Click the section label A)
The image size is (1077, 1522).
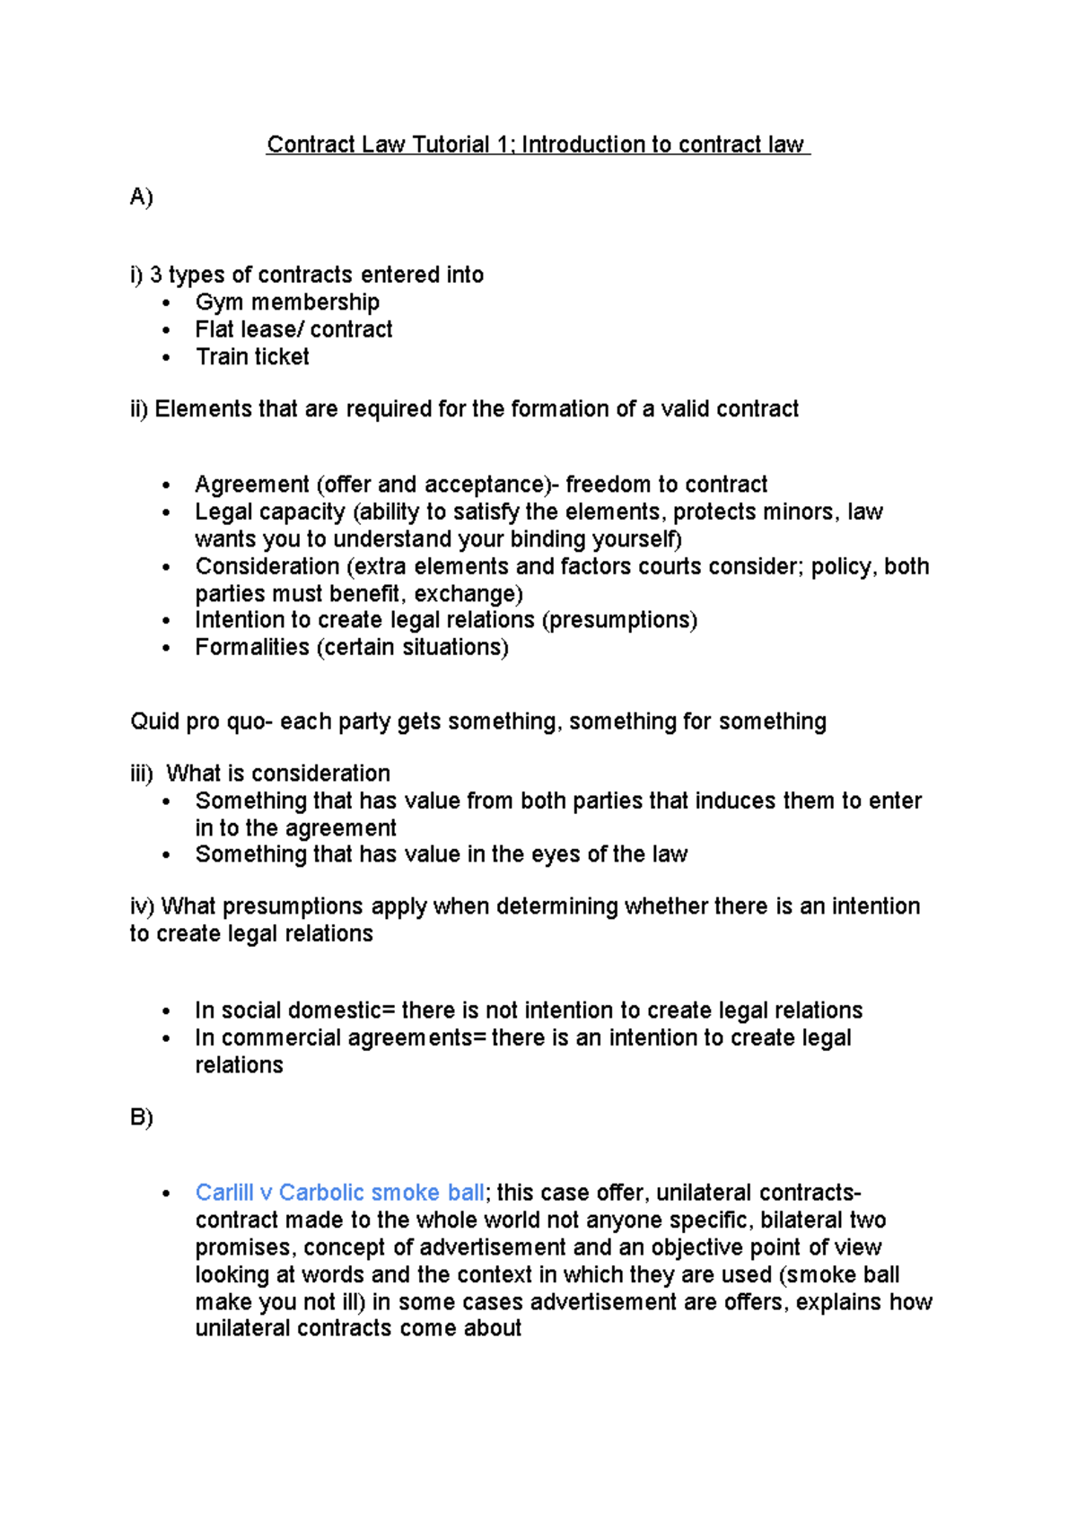[141, 197]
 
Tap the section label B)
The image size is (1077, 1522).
[141, 1117]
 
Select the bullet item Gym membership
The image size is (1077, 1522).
[287, 302]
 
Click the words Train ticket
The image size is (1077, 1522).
[252, 357]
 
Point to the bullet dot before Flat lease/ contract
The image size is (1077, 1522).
[166, 330]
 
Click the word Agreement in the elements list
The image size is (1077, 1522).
[252, 485]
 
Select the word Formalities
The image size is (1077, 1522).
[252, 647]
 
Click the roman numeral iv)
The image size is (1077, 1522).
[142, 906]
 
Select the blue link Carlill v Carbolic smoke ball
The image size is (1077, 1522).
[339, 1193]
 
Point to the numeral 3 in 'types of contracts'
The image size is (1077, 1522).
[156, 275]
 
